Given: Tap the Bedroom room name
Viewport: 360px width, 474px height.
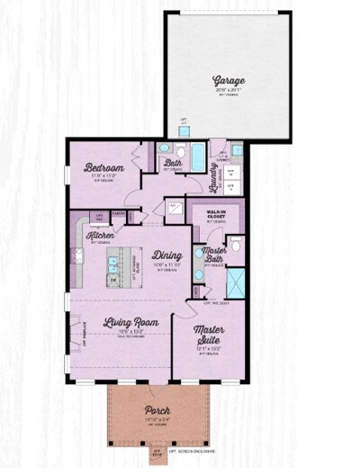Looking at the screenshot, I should [x=103, y=168].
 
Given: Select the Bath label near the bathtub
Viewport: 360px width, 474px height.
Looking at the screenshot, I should [x=174, y=164].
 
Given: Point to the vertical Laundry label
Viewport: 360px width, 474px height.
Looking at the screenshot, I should [x=213, y=170].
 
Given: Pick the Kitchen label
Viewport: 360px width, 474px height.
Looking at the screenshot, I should [x=100, y=236].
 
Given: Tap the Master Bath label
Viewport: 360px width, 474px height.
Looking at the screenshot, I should [x=214, y=255].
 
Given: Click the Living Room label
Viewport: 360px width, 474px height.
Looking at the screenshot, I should [x=130, y=322].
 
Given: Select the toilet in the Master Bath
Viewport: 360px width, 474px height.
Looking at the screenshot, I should [x=235, y=245].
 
